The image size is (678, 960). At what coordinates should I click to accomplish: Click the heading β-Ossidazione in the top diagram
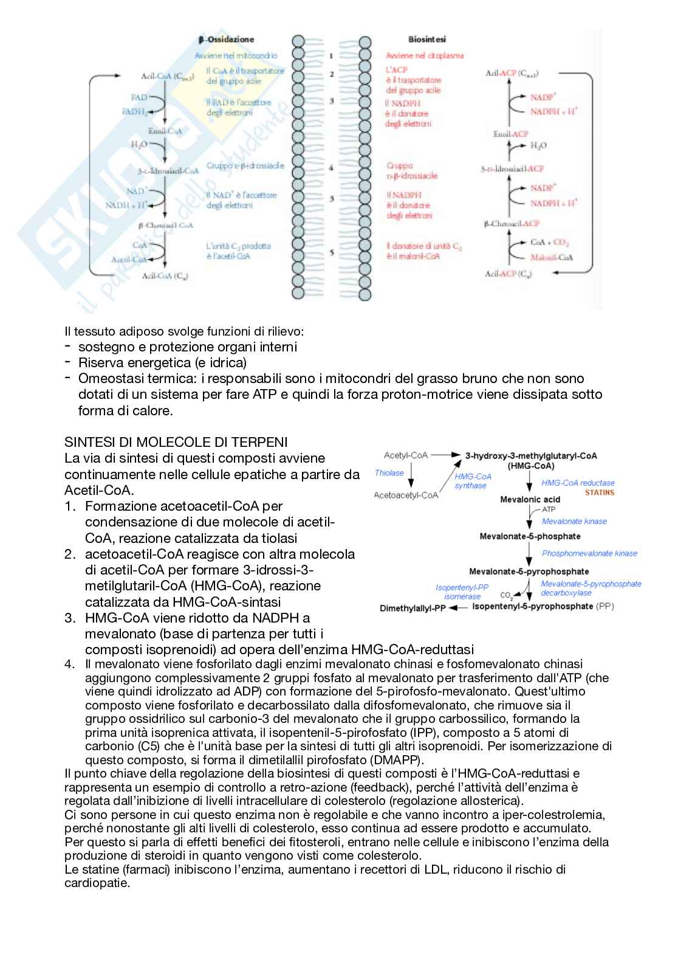pyautogui.click(x=226, y=40)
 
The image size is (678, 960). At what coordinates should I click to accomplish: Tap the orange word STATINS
pyautogui.click(x=599, y=492)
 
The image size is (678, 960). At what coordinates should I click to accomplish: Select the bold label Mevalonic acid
pyautogui.click(x=530, y=499)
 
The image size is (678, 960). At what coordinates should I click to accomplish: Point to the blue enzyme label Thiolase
pyautogui.click(x=389, y=473)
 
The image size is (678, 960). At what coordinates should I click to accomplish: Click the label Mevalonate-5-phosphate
pyautogui.click(x=530, y=536)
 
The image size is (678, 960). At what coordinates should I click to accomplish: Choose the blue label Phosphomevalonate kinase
pyautogui.click(x=589, y=553)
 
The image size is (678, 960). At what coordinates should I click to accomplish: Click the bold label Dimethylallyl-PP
pyautogui.click(x=413, y=608)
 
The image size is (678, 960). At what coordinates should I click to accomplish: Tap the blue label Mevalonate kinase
pyautogui.click(x=574, y=521)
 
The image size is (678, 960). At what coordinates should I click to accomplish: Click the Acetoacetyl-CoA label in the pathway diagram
pyautogui.click(x=406, y=495)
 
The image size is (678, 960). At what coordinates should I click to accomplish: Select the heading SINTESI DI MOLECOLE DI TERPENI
pyautogui.click(x=176, y=441)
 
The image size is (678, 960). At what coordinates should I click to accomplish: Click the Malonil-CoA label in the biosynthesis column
pyautogui.click(x=548, y=258)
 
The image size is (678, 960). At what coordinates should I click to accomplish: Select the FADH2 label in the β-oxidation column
pyautogui.click(x=134, y=112)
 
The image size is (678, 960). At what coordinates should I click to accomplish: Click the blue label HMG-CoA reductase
pyautogui.click(x=578, y=483)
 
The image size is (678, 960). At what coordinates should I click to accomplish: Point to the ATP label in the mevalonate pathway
pyautogui.click(x=549, y=509)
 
